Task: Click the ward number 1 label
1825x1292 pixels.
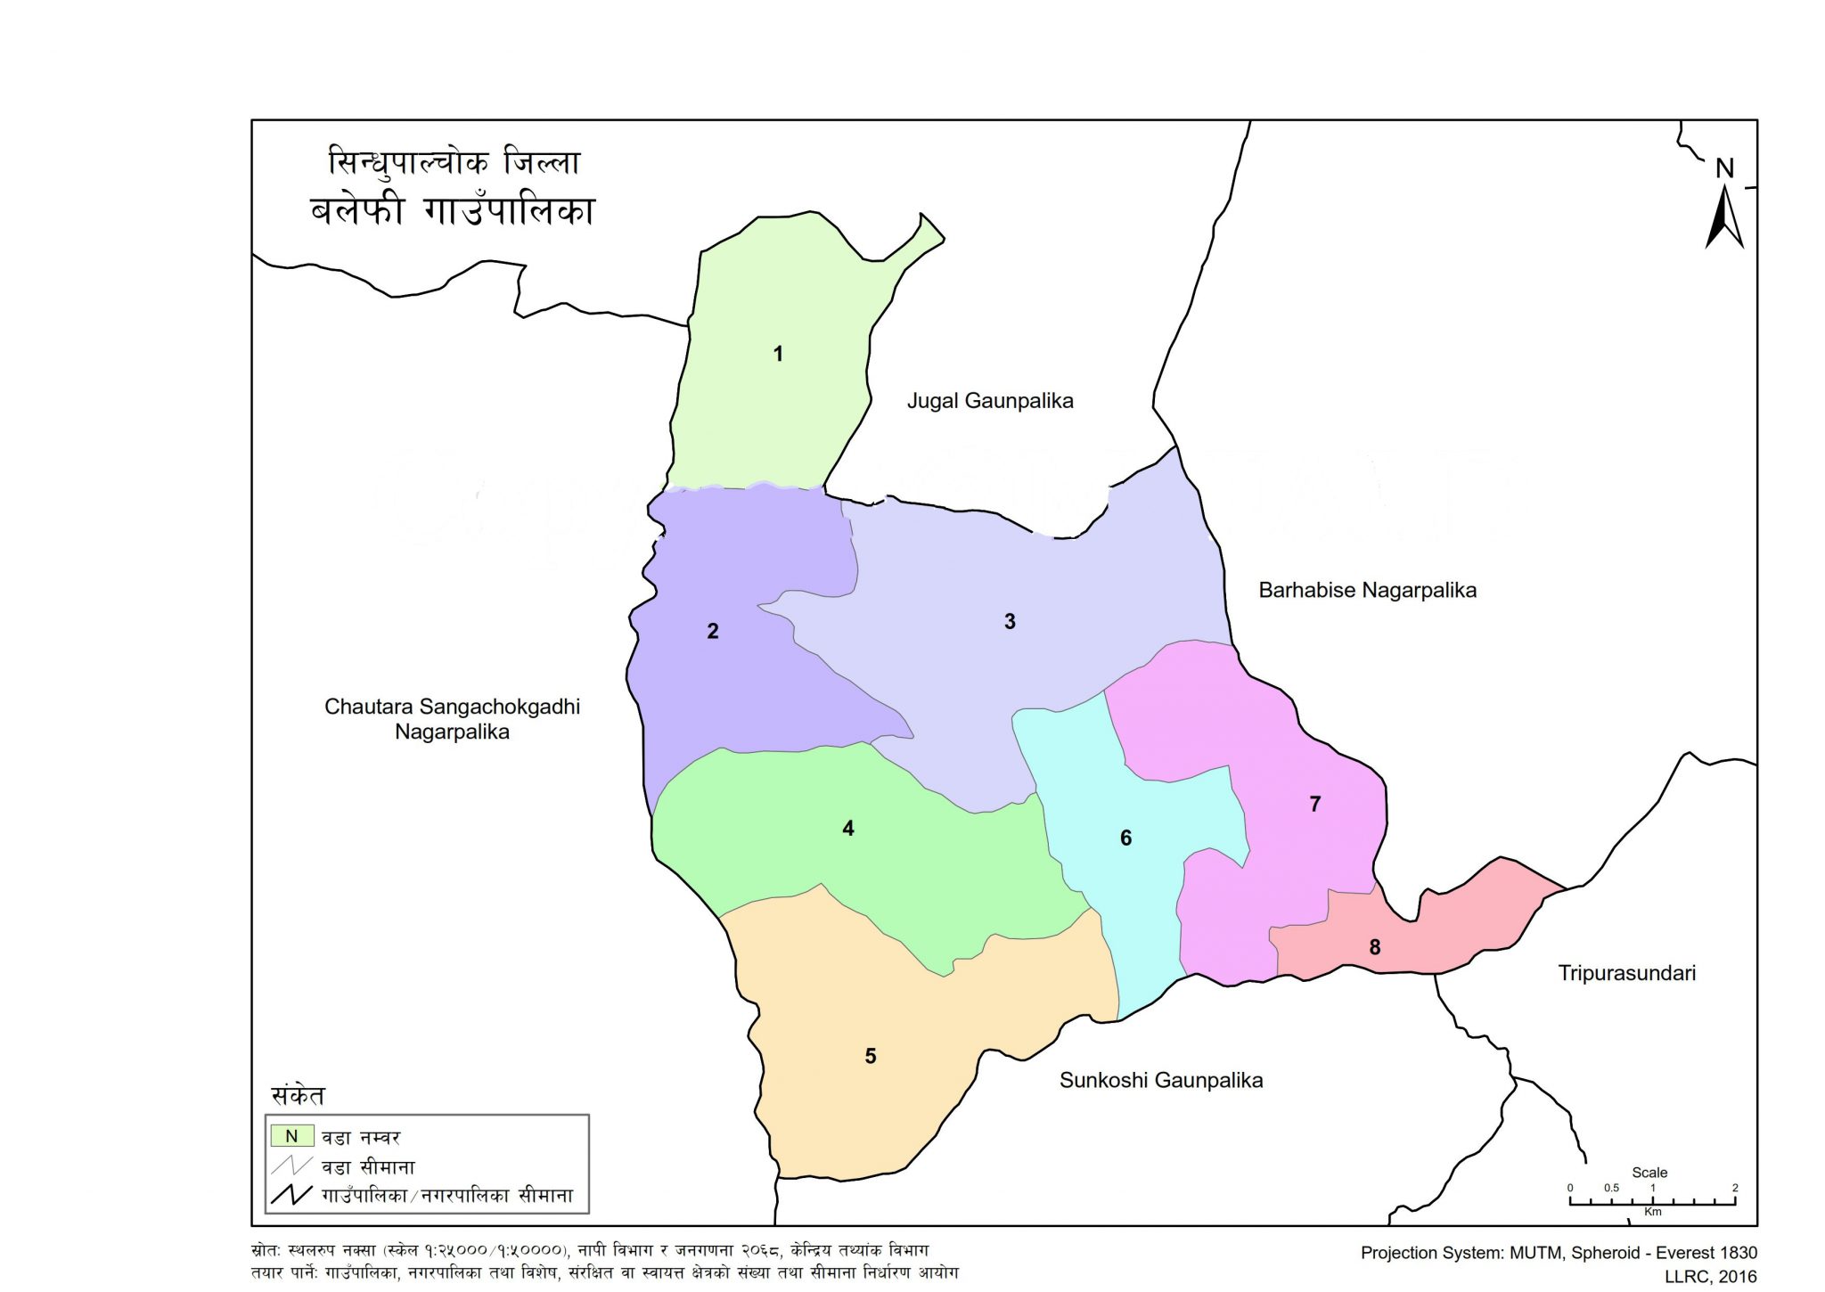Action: point(778,354)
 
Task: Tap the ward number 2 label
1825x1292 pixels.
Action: point(713,631)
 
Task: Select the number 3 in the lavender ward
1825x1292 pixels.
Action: point(1010,621)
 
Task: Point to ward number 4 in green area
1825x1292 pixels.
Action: point(848,829)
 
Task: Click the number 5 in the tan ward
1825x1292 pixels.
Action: point(871,1056)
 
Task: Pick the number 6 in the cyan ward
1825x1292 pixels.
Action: point(1125,838)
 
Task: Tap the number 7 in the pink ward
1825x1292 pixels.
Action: point(1314,804)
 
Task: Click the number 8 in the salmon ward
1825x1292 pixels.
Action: point(1375,947)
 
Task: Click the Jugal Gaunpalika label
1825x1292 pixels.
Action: point(990,401)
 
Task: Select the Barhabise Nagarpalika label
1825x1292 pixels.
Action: point(1367,590)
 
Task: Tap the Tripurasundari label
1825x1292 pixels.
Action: point(1626,973)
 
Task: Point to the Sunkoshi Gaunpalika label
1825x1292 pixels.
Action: point(1160,1080)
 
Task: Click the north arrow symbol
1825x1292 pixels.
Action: point(1724,218)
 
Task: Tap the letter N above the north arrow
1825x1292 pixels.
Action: point(1725,168)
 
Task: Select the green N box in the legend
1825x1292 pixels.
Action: point(291,1136)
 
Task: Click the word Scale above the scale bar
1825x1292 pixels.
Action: point(1649,1173)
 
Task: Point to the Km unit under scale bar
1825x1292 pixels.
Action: point(1652,1212)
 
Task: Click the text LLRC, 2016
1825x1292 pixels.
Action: point(1711,1276)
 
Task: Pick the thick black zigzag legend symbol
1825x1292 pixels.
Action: point(291,1195)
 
